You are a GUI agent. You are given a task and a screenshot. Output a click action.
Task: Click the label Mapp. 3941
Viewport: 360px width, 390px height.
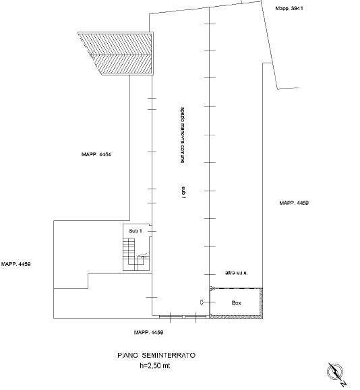289,8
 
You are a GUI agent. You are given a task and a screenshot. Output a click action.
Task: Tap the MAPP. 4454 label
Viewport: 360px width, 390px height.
96,154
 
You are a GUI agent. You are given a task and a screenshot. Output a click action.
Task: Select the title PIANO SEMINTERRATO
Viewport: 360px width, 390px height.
156,355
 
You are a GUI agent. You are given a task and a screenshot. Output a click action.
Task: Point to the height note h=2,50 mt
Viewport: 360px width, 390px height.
155,365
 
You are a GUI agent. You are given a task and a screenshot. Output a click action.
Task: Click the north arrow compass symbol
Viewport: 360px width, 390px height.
335,372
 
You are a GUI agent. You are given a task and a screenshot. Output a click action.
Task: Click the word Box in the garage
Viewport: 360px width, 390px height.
236,302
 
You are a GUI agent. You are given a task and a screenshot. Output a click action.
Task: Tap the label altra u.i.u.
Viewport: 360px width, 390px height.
236,273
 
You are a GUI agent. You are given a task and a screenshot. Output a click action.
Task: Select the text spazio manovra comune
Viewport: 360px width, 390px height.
183,135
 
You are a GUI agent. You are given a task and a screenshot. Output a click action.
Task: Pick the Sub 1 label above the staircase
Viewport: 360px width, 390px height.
136,231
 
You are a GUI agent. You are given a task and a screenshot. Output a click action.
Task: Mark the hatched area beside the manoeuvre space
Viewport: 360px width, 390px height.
116,53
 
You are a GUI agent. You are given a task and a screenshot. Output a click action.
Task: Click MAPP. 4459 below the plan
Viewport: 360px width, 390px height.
148,332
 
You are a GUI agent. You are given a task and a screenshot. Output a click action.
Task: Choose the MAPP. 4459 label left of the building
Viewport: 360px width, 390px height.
16,264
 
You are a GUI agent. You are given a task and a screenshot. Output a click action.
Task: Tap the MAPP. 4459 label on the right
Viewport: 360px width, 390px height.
294,203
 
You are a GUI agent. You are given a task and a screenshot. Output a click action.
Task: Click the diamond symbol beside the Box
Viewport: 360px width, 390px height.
202,302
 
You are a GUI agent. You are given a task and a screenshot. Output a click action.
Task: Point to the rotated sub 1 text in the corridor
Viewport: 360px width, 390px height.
183,192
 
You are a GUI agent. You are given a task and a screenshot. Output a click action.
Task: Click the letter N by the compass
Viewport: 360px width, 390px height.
343,384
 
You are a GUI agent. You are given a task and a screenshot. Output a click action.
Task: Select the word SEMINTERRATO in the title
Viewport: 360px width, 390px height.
169,355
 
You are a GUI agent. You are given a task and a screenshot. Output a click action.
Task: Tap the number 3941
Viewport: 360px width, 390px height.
297,8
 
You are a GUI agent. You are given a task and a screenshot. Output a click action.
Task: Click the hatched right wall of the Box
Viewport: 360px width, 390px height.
261,302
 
